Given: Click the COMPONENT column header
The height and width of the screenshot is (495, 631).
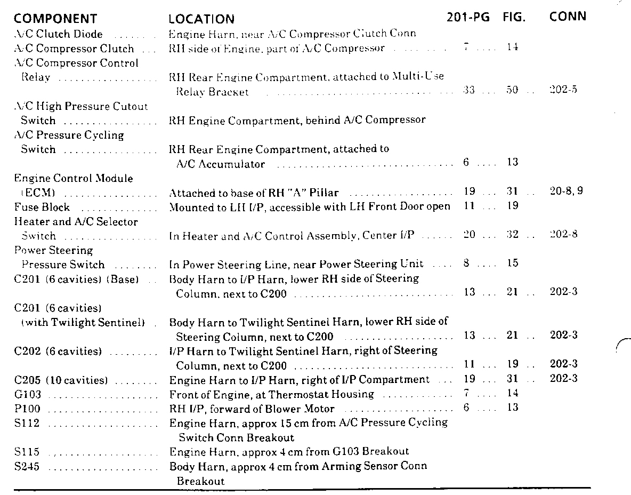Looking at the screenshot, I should (x=55, y=19).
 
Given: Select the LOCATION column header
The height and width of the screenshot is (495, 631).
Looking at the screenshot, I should (x=201, y=19).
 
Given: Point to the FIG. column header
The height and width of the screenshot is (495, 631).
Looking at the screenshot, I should (x=514, y=17).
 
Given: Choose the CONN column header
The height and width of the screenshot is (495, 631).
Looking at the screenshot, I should (x=568, y=17).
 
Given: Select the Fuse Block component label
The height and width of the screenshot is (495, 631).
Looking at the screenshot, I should (x=42, y=207).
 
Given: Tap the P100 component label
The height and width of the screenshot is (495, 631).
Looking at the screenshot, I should (x=28, y=409).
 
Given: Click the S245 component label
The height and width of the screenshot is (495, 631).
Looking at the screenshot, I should (x=27, y=467).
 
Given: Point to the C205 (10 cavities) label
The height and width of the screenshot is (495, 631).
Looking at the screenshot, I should (x=61, y=380).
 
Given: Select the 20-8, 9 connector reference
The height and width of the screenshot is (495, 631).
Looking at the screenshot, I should (x=566, y=191).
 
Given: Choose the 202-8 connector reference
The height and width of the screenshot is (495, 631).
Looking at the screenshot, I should (x=563, y=234).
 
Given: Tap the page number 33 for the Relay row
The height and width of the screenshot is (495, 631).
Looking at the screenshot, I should (x=469, y=90).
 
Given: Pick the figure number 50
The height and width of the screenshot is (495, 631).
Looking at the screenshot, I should (x=512, y=90).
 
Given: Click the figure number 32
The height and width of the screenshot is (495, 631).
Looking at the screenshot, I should (x=512, y=234).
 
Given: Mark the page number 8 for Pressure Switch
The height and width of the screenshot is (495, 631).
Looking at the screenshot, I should (x=466, y=263).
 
